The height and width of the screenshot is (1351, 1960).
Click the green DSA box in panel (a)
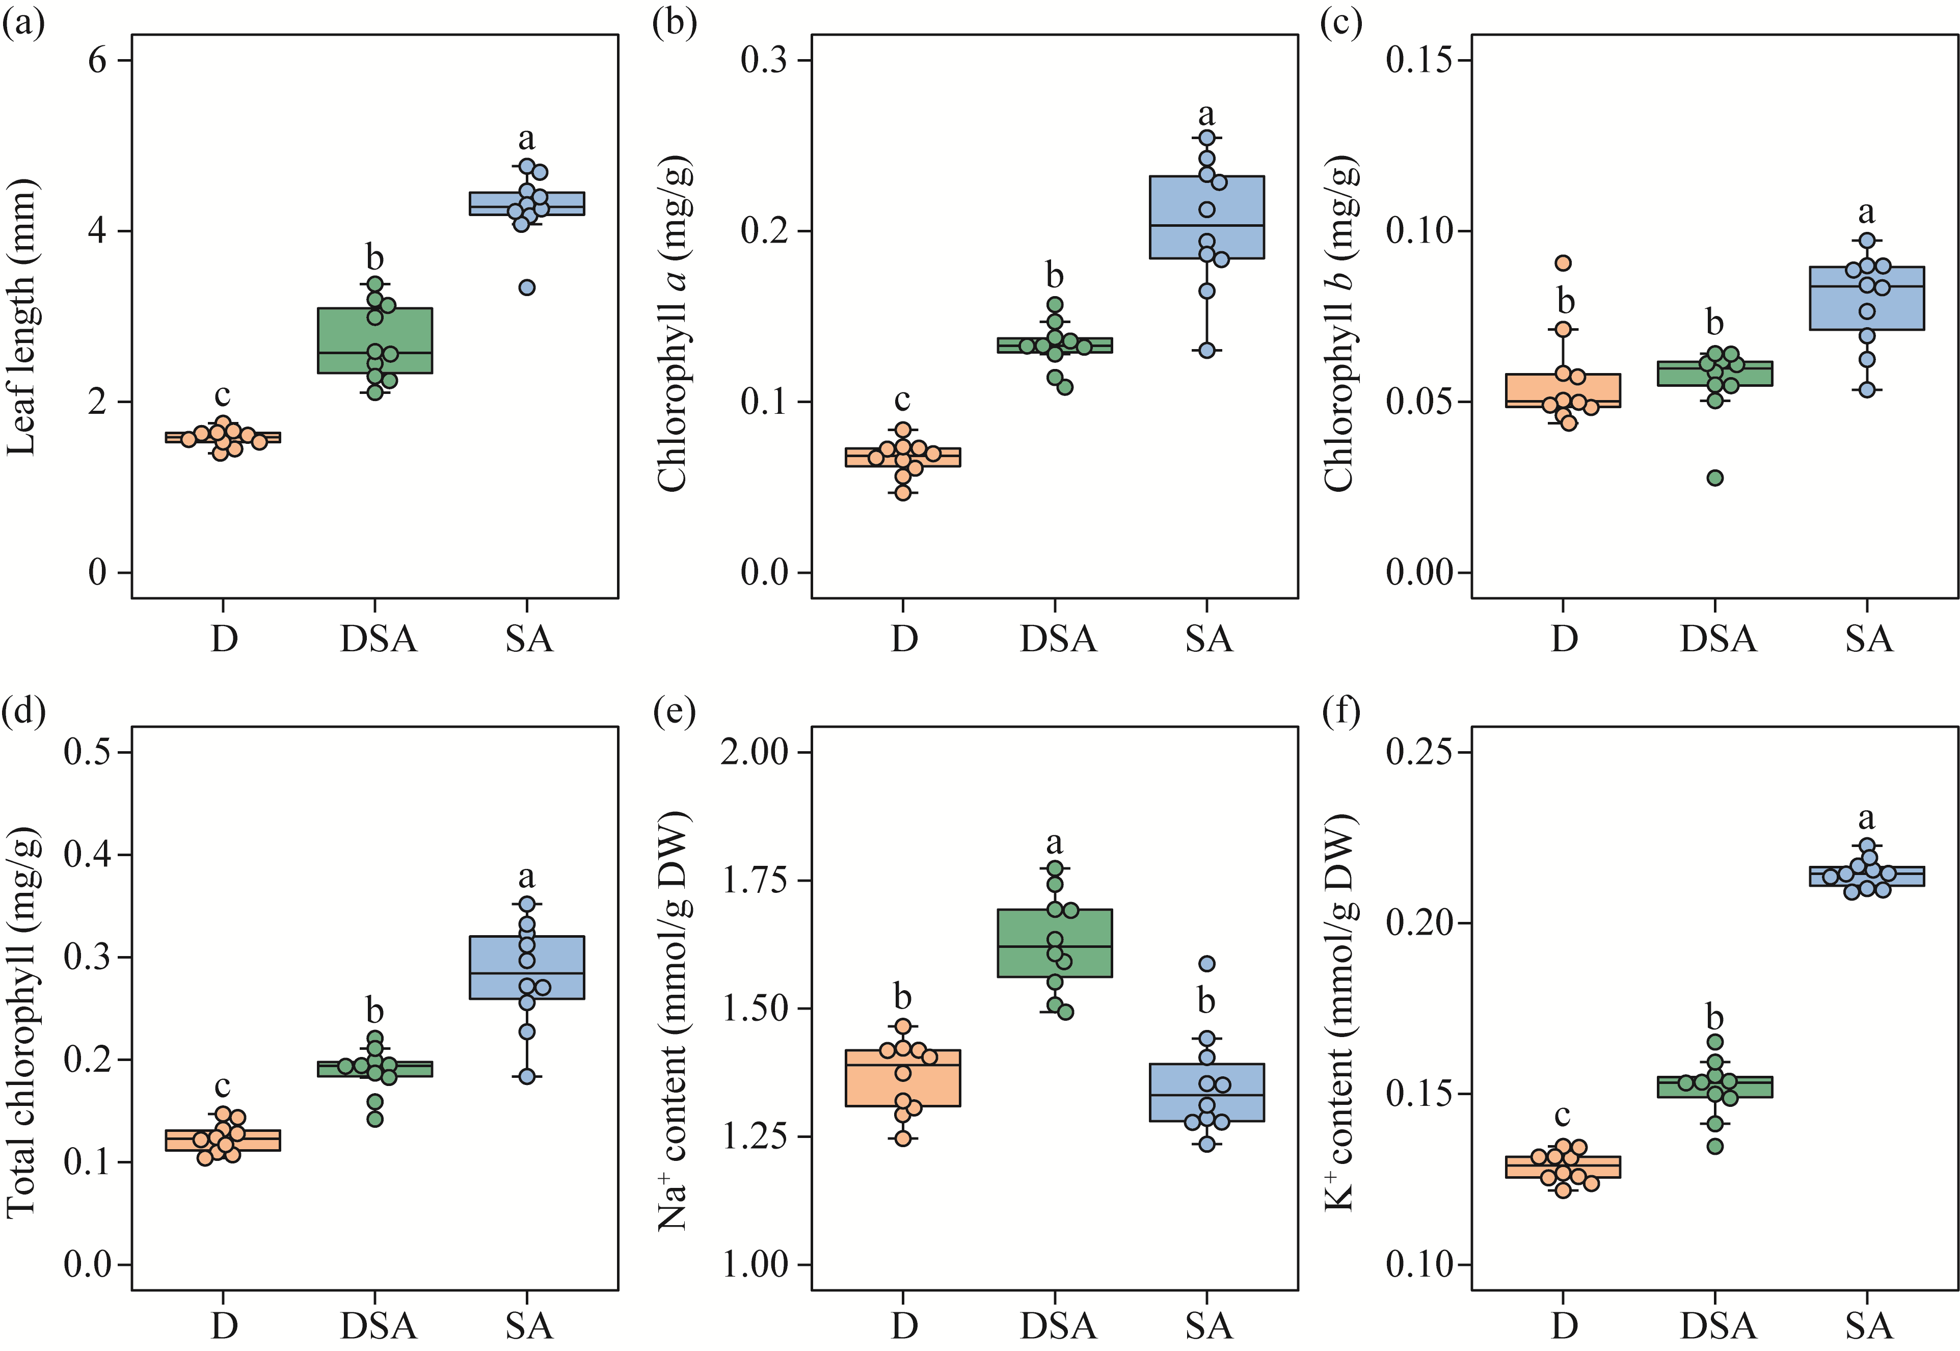375,340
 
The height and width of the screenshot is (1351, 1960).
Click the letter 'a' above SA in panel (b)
1207,114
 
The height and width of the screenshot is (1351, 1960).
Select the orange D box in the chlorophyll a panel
903,457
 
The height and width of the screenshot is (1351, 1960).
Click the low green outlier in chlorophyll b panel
1714,478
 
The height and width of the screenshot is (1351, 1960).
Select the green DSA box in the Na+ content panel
1055,943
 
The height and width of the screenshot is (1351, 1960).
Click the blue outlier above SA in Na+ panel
1207,963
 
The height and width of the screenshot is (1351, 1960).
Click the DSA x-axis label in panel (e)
1058,1326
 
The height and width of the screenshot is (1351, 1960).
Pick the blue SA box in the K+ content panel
1866,876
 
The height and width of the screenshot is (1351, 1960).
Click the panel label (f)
1340,713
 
